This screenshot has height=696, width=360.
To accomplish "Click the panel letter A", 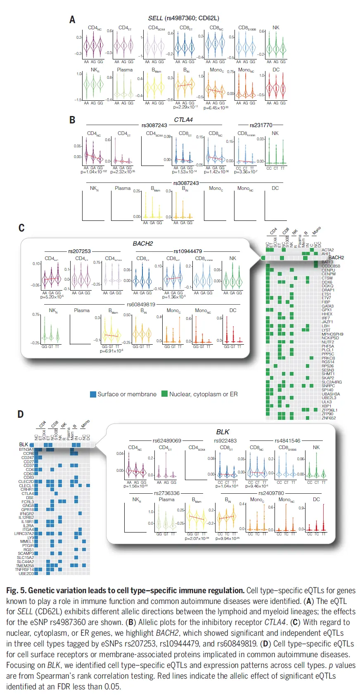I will (72, 19).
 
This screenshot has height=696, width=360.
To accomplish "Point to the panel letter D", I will (21, 414).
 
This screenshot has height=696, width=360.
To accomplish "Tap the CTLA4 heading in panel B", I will (183, 120).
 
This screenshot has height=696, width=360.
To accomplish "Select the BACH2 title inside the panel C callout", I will (143, 244).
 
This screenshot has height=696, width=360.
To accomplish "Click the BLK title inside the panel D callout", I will (223, 432).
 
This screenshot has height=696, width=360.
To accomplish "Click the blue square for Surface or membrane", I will (93, 394).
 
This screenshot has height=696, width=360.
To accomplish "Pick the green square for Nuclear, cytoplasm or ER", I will (164, 394).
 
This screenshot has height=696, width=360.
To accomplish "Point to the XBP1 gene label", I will (327, 406).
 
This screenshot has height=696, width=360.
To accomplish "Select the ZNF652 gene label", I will (329, 418).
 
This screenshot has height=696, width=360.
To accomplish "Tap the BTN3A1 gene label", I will (26, 450).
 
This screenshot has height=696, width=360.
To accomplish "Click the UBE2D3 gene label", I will (26, 573).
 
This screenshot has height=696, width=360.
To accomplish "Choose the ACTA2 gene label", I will (328, 250).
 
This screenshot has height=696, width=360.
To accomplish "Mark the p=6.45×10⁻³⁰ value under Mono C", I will (216, 108).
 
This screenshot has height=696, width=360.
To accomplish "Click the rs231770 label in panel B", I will (261, 125).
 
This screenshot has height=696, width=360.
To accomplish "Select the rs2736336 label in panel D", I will (167, 493).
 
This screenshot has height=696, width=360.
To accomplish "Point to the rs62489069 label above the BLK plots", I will (167, 440).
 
